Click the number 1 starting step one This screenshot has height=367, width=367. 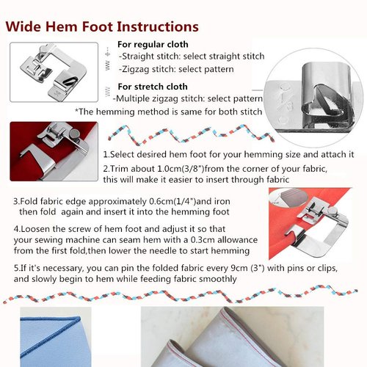(x=105, y=156)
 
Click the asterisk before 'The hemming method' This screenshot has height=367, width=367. (x=76, y=112)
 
